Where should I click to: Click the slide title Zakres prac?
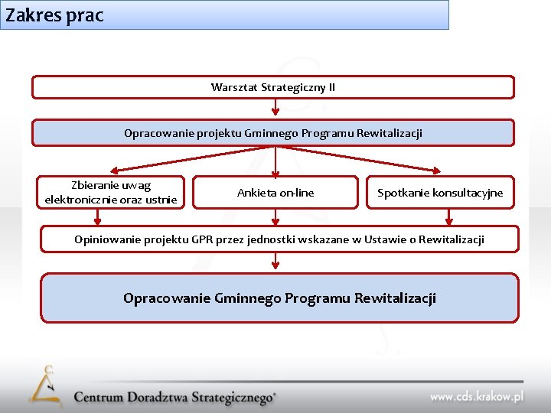(54, 15)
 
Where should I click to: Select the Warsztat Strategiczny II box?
(272, 87)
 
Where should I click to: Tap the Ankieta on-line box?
(275, 193)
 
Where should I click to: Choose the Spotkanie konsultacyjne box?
(440, 193)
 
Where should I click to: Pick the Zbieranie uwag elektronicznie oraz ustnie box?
(111, 193)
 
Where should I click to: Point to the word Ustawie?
(382, 239)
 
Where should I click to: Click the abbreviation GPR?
(203, 239)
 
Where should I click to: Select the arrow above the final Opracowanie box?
(275, 262)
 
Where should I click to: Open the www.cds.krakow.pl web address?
(476, 396)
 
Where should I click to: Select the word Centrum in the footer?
(100, 398)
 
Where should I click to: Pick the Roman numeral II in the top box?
(331, 87)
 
